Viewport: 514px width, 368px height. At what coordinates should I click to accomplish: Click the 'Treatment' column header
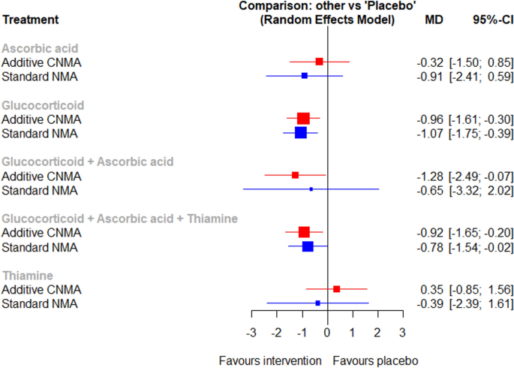30,20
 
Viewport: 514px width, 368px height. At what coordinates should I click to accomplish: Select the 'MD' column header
434,20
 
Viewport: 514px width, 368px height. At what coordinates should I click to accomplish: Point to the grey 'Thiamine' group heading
26,276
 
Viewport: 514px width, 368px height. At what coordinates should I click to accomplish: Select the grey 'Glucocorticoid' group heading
42,104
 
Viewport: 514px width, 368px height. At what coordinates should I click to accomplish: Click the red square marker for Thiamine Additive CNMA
336,289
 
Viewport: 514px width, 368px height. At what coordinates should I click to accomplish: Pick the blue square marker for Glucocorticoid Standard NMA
301,133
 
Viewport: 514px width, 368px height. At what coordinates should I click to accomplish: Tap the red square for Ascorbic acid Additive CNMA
320,62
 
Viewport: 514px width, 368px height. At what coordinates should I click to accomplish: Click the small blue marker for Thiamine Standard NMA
318,303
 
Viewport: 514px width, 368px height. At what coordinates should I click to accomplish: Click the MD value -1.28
430,176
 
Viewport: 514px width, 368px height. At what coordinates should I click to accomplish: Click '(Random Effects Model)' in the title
327,20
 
